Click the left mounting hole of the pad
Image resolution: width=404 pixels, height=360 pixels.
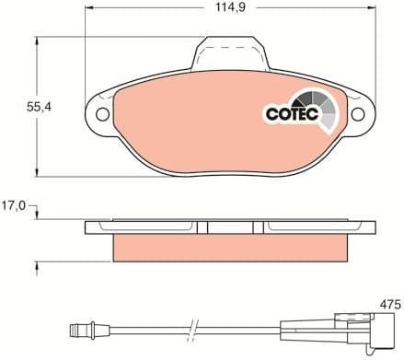[x=102, y=115]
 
